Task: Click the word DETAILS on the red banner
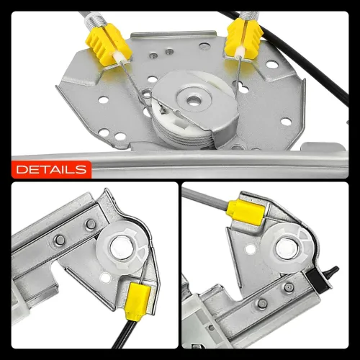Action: (x=51, y=169)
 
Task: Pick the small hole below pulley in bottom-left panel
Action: (x=105, y=278)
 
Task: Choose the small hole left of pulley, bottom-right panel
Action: (x=251, y=249)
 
